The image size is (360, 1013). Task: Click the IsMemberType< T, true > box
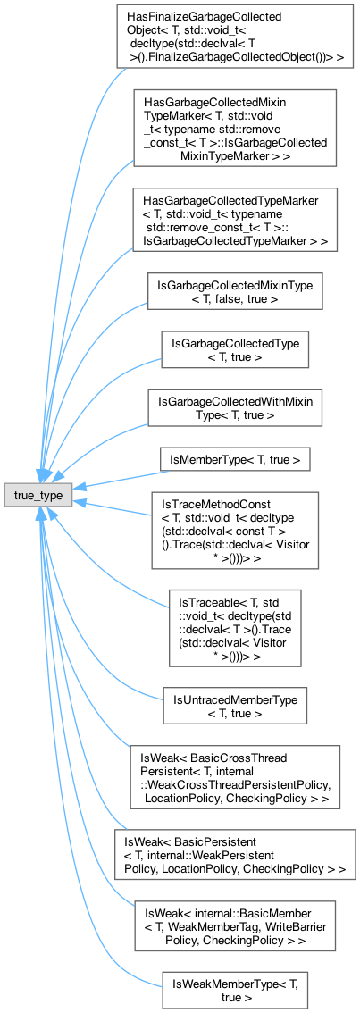[235, 458]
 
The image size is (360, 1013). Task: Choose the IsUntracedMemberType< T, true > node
[235, 706]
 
